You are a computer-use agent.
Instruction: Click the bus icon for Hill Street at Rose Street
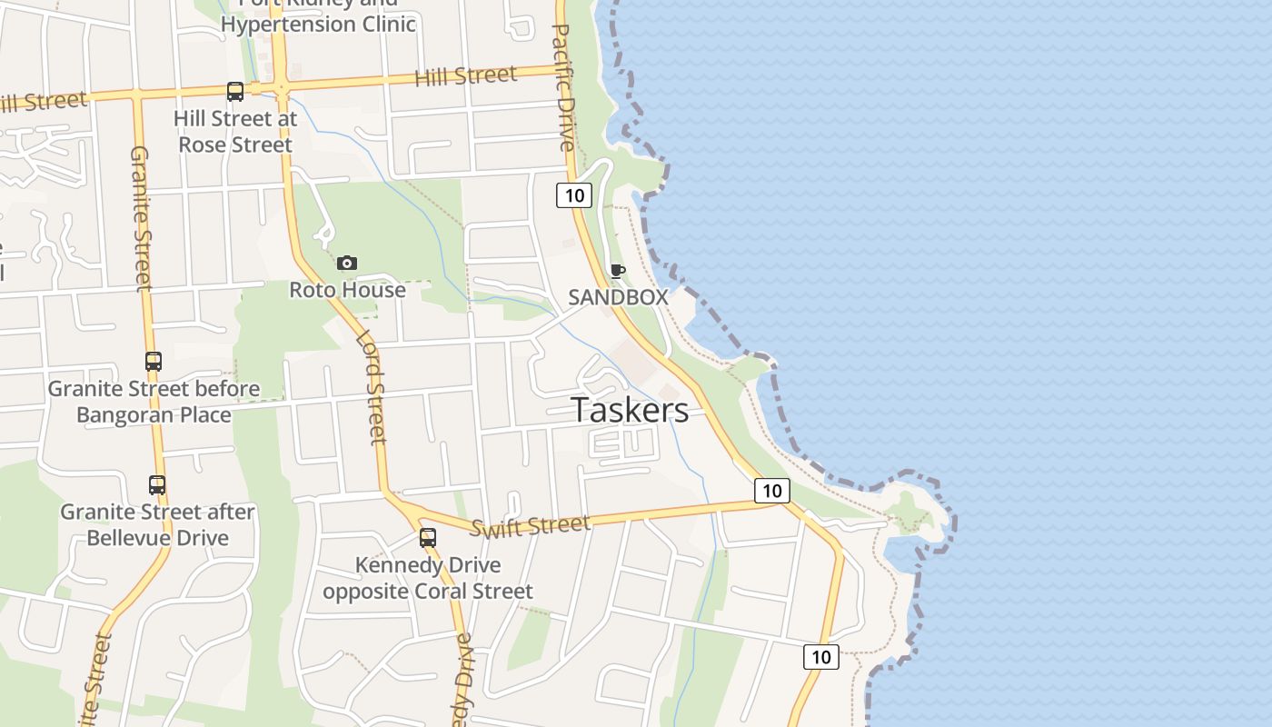(235, 92)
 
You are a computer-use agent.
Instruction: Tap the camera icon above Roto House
(346, 264)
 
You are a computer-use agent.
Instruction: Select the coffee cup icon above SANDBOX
(618, 271)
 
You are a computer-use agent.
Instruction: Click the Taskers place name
(630, 411)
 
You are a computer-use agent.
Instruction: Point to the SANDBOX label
(618, 297)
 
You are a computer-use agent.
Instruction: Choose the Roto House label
(347, 290)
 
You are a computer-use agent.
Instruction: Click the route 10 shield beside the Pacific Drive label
(574, 194)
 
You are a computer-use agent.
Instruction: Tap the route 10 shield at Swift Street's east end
(771, 491)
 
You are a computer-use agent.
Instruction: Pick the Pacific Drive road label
(563, 86)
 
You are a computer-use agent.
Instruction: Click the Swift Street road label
(531, 526)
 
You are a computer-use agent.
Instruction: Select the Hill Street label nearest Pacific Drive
(465, 76)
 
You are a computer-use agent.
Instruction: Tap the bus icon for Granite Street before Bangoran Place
(154, 362)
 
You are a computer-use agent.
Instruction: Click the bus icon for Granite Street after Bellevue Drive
(157, 485)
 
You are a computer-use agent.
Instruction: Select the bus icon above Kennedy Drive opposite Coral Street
(428, 538)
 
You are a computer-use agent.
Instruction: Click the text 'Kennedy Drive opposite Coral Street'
(428, 579)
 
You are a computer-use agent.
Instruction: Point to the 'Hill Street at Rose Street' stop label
(235, 132)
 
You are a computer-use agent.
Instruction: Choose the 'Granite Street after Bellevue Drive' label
(157, 525)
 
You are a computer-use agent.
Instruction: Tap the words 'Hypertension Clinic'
(318, 24)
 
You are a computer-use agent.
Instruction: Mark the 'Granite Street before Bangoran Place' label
(154, 402)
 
